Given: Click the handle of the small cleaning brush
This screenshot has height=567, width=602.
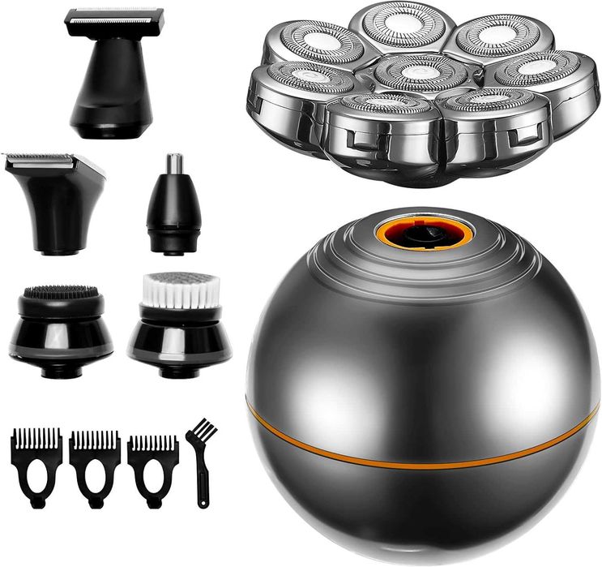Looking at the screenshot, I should (x=201, y=479).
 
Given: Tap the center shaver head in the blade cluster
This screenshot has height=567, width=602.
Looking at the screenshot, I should (x=414, y=72).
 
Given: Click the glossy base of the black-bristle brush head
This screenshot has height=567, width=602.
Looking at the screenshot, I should (x=62, y=349).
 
